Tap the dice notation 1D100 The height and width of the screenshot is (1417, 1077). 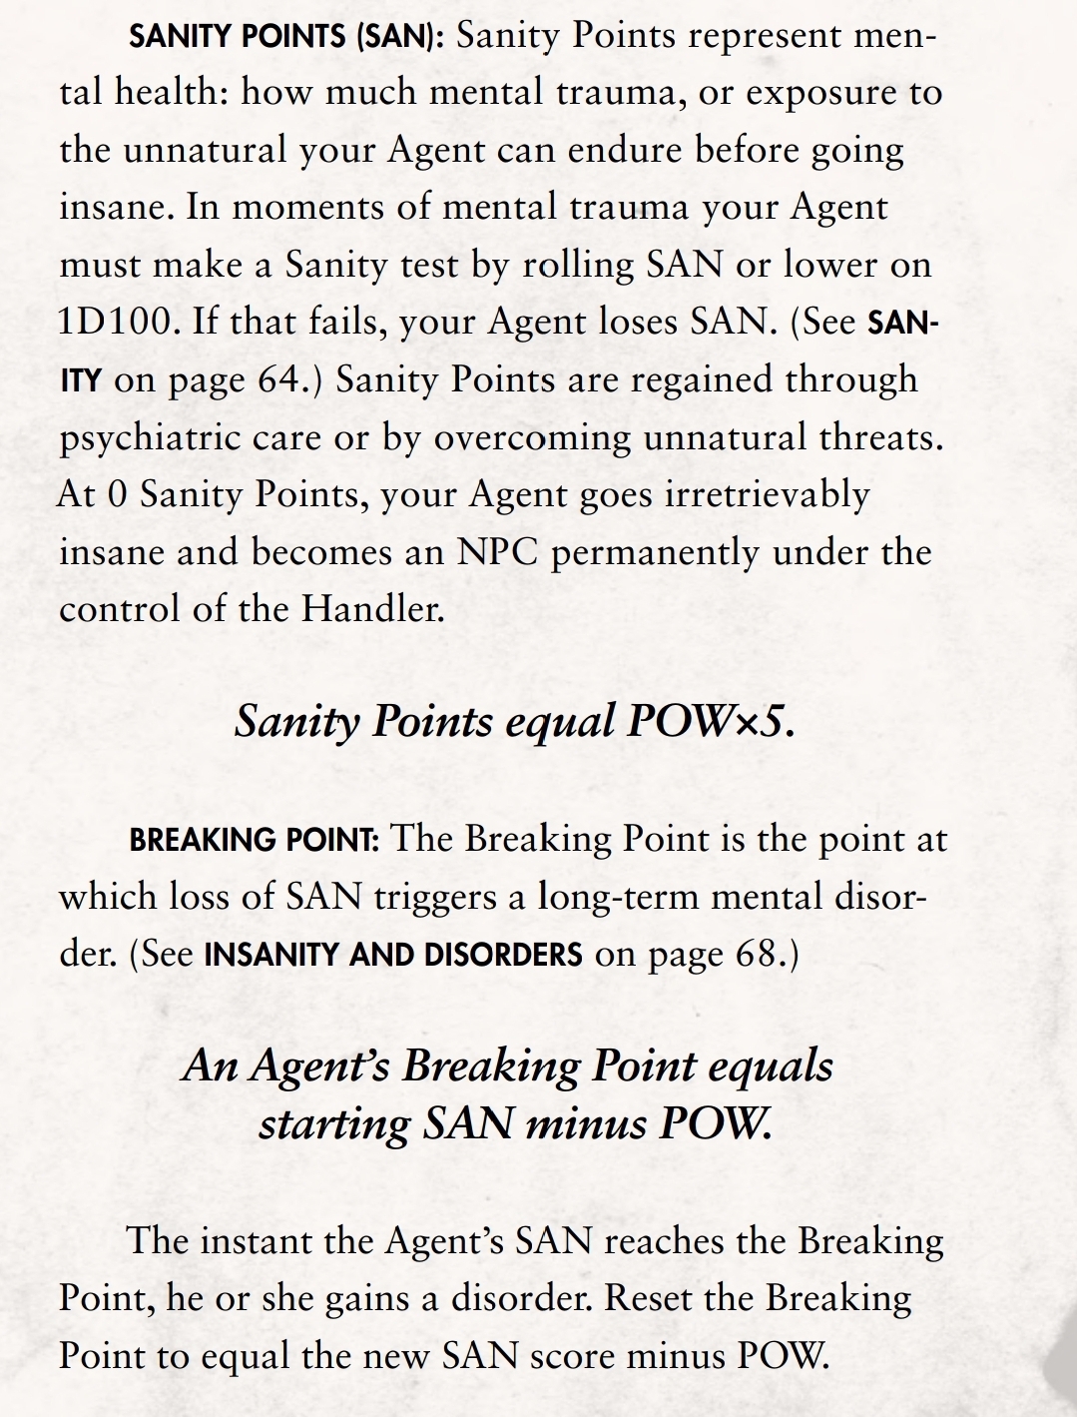pos(119,323)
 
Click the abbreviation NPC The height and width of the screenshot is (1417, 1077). pos(497,552)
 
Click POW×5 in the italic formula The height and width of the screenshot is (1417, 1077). pos(710,721)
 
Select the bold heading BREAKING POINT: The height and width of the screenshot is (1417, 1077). pos(254,839)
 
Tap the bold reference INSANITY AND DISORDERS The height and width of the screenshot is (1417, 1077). pos(392,954)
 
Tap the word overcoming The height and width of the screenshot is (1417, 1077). pos(533,438)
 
